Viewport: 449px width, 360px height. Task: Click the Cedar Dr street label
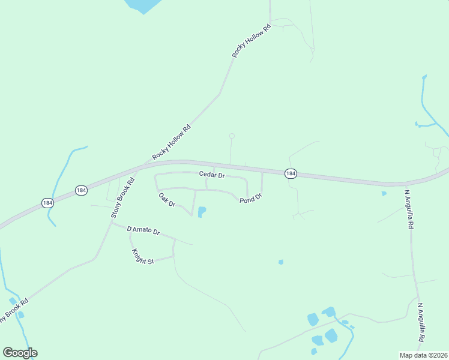tap(212, 175)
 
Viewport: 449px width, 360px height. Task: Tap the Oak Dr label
tap(166, 200)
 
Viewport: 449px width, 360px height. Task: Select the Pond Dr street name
tap(251, 198)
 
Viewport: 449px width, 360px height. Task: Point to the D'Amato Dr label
tap(143, 230)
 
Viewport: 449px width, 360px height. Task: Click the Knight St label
tap(142, 256)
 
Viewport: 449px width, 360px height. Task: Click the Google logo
tap(20, 353)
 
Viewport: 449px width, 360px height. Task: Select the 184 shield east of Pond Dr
tap(291, 173)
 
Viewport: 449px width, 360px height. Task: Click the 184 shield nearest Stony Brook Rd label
tap(82, 190)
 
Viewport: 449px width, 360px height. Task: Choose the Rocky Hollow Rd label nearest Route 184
tap(172, 142)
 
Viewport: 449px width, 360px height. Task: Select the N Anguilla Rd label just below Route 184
tap(409, 210)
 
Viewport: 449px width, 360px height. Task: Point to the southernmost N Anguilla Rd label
tap(422, 322)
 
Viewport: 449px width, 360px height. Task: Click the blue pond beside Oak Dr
tap(202, 212)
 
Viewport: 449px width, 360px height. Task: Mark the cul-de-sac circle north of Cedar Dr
tap(232, 136)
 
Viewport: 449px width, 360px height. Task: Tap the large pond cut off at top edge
tap(144, 5)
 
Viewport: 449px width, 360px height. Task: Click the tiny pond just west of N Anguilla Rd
tap(384, 194)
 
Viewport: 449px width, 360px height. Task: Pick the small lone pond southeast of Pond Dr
tap(280, 262)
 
